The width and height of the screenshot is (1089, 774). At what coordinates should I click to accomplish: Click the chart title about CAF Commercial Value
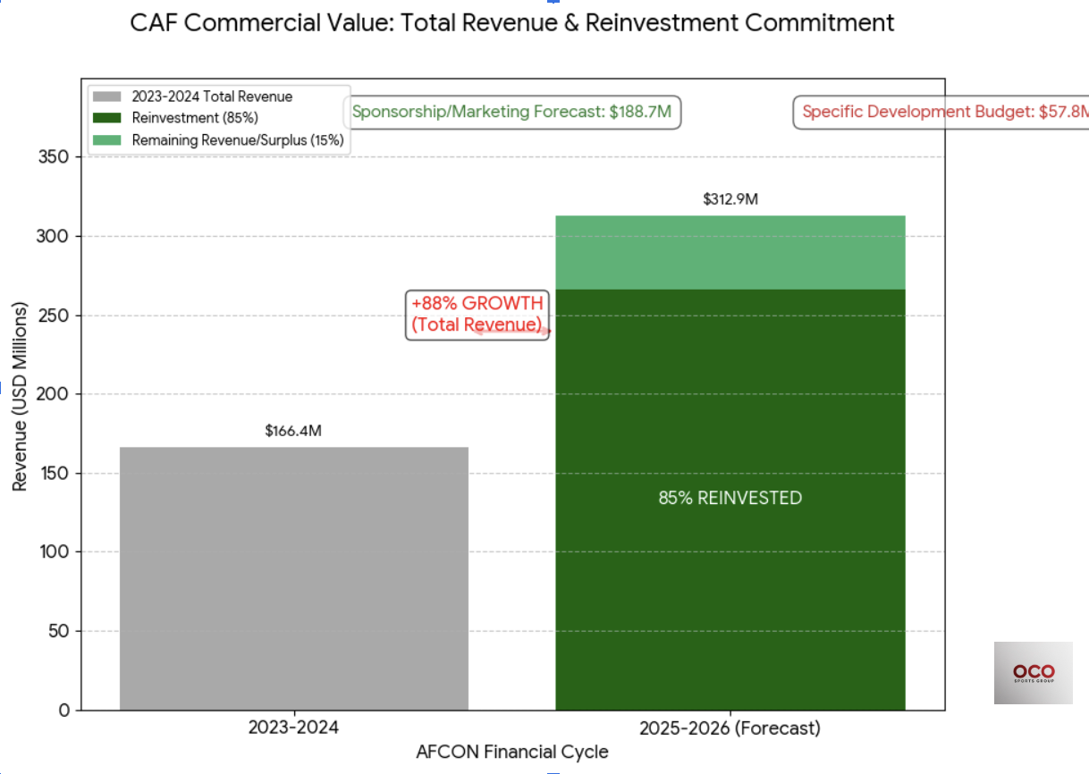511,22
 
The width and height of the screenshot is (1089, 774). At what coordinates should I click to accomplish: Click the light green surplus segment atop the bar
730,252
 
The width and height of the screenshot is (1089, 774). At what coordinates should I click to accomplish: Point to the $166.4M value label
293,431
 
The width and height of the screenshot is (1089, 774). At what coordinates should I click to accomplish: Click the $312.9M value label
730,199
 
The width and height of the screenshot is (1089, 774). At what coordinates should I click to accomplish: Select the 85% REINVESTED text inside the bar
730,498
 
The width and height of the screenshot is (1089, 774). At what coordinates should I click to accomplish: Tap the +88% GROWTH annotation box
477,314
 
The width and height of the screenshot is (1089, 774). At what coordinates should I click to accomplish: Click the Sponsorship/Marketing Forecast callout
511,113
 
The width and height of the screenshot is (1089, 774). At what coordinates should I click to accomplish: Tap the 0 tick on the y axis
63,711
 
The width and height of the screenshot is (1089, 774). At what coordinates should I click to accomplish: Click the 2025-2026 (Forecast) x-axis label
730,728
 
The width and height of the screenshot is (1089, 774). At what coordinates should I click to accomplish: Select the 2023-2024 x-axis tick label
293,728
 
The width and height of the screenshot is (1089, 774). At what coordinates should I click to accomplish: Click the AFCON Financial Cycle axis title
511,752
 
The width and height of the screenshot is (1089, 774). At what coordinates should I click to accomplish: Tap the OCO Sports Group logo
1033,672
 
